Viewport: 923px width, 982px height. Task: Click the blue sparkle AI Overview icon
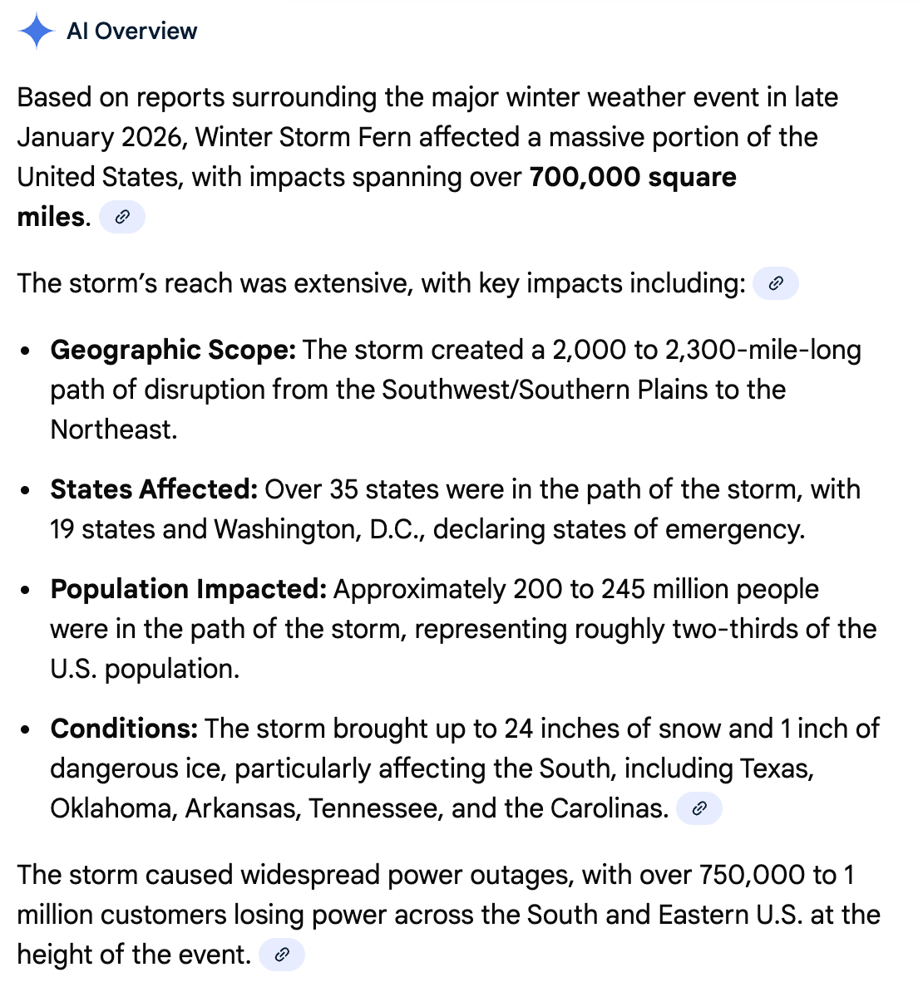pos(36,32)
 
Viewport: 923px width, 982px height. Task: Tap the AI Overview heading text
pos(132,32)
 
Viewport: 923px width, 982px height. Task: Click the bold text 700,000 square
pos(632,177)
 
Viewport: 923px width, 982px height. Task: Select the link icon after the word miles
pos(122,218)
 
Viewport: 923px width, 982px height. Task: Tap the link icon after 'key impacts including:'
pos(775,283)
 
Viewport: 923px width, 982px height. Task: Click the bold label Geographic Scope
pos(173,350)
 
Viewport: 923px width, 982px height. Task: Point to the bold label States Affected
pos(154,489)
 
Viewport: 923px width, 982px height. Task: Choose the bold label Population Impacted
pos(188,589)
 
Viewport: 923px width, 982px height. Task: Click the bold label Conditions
pos(124,729)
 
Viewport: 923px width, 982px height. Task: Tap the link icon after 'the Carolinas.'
pos(699,808)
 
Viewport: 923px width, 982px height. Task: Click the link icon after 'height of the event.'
pos(282,955)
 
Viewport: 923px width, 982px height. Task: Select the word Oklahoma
pos(111,808)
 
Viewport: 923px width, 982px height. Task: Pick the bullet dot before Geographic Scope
pos(27,351)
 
